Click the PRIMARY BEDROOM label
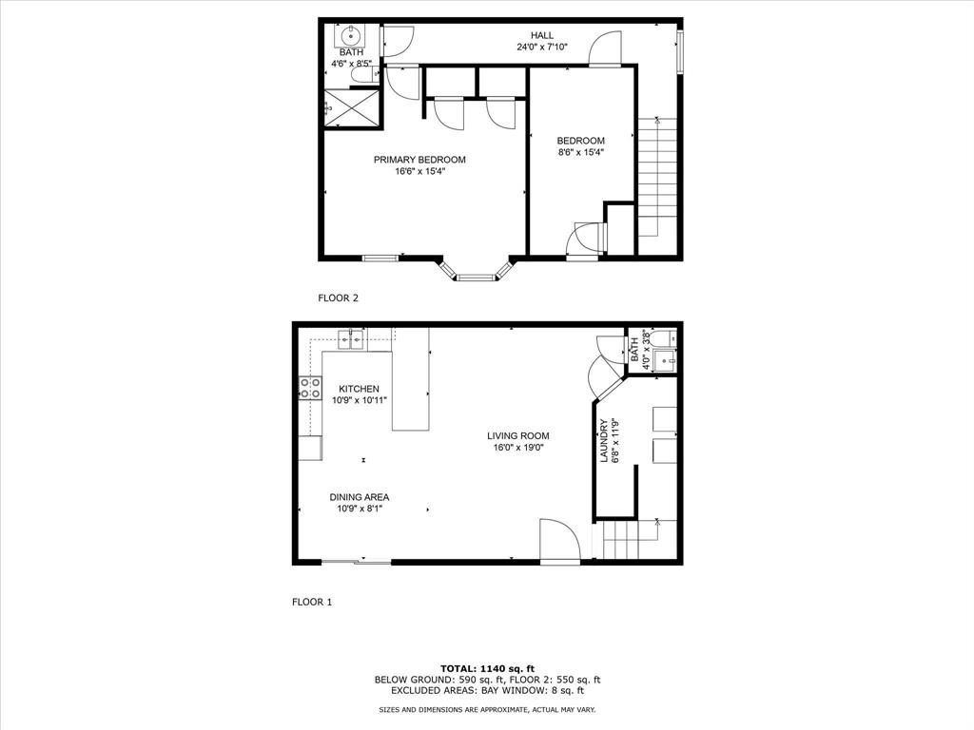coord(419,160)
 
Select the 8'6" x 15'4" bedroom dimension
coord(580,152)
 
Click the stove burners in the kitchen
coord(310,387)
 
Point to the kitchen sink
coord(352,337)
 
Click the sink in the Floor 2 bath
coord(349,38)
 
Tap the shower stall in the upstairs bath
coord(351,106)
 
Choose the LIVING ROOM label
coord(518,436)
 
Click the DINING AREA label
coord(360,497)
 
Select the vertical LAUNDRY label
coord(603,441)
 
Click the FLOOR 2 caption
coord(338,298)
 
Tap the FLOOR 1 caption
coord(312,602)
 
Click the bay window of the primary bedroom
coord(476,275)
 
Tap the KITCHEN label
coord(360,389)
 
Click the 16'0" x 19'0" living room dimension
coord(518,448)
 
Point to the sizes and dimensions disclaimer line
coord(487,710)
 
